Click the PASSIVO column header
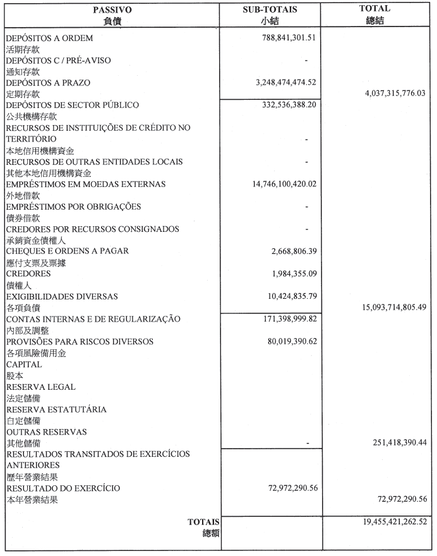pyautogui.click(x=112, y=9)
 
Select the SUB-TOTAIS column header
pyautogui.click(x=270, y=9)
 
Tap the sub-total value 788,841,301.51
pyautogui.click(x=289, y=38)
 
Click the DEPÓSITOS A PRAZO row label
pyautogui.click(x=48, y=83)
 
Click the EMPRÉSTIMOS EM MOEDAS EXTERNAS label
pyautogui.click(x=85, y=184)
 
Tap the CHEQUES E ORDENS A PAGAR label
pyautogui.click(x=68, y=251)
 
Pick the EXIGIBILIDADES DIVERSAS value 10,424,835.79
pyautogui.click(x=294, y=296)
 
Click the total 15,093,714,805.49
pyautogui.click(x=384, y=307)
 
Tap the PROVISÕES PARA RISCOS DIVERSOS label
pyautogui.click(x=80, y=341)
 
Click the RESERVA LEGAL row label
pyautogui.click(x=40, y=387)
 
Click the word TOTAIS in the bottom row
pyautogui.click(x=203, y=522)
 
